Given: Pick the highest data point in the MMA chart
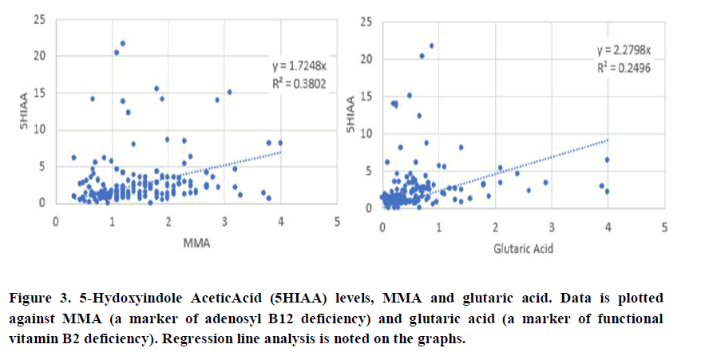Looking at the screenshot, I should coord(122,43).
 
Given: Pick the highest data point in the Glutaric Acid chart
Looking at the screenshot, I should coord(432,45).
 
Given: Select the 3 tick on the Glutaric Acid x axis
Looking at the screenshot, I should coord(552,227).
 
